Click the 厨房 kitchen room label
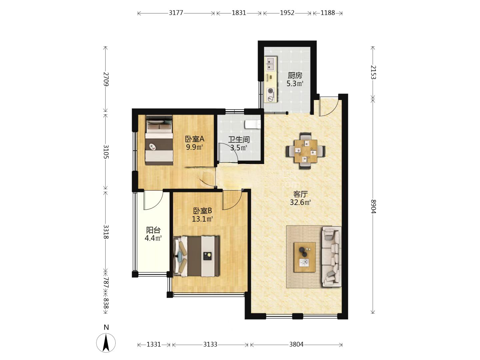295,76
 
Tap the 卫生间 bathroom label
239,139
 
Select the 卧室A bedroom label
195,139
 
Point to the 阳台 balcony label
153,230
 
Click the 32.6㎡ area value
300,202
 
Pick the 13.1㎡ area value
202,219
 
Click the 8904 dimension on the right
373,207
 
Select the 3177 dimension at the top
176,13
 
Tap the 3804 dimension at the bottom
296,344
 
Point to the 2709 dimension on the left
106,79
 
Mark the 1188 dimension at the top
328,13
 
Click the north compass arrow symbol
106,343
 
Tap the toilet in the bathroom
253,124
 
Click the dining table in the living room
305,151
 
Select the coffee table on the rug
304,257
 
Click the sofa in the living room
331,256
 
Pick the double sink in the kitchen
271,63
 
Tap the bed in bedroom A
159,140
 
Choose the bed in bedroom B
196,256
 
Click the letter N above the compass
106,327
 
